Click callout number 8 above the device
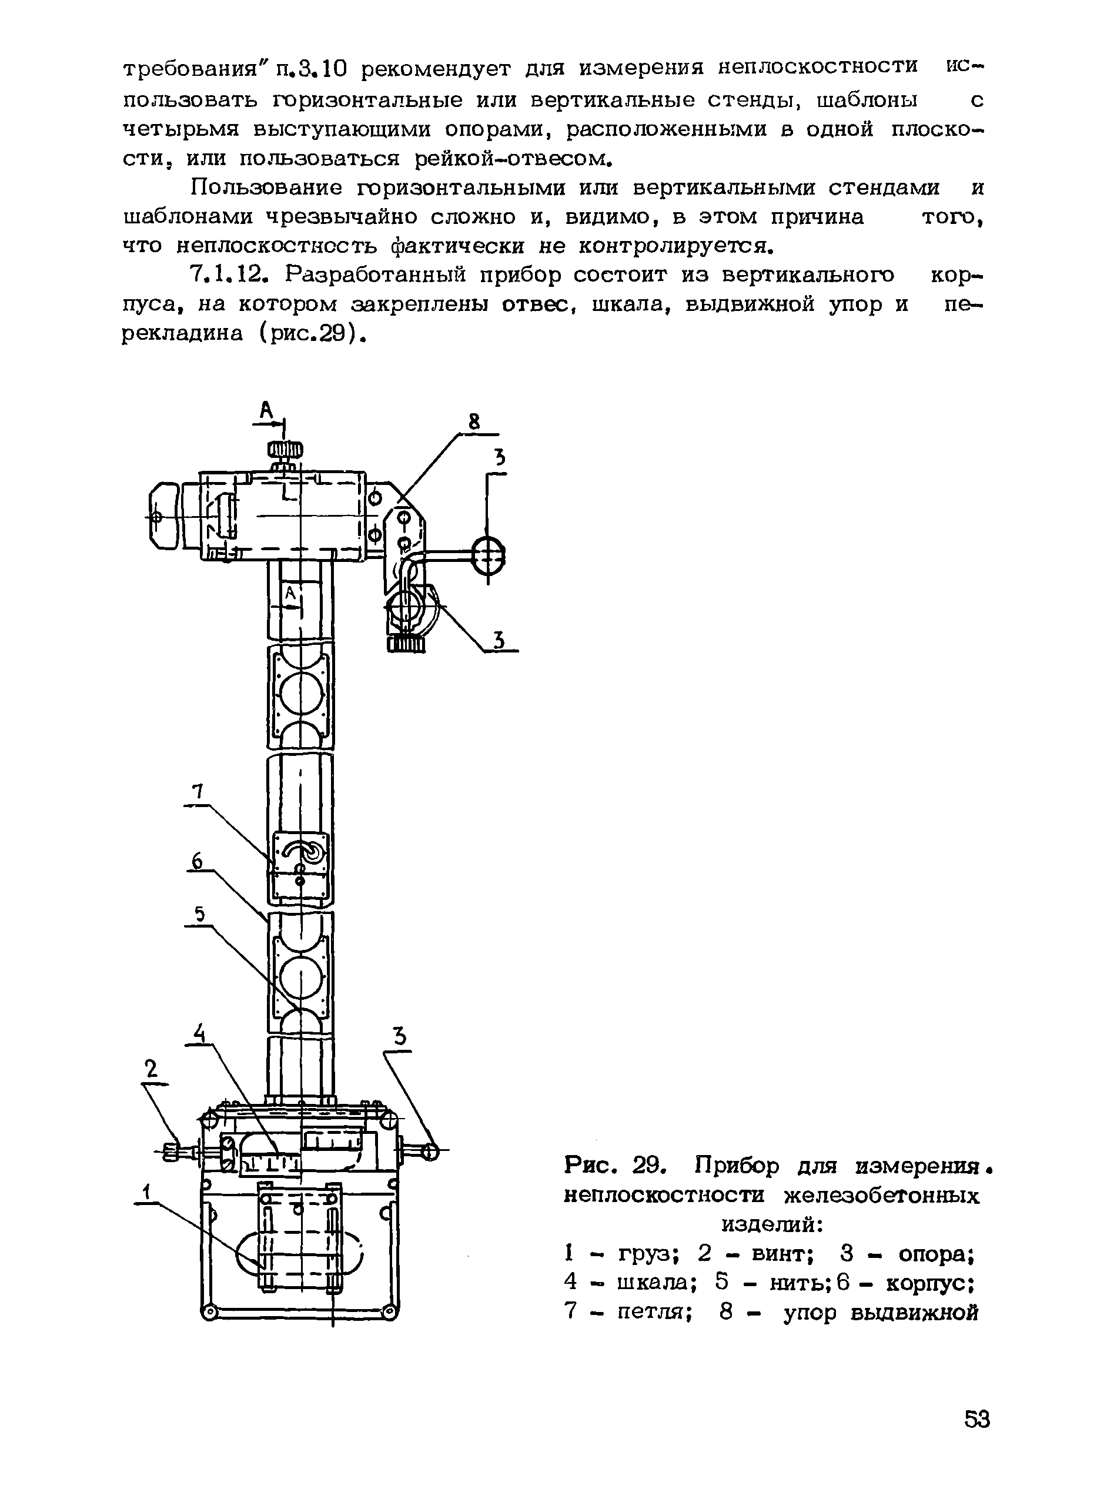click(473, 421)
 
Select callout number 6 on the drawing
click(196, 861)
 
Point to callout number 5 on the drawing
click(199, 916)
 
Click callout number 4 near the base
click(198, 1032)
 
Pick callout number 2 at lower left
click(152, 1068)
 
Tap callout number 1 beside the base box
click(148, 1192)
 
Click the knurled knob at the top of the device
click(285, 451)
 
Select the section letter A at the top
click(266, 411)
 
